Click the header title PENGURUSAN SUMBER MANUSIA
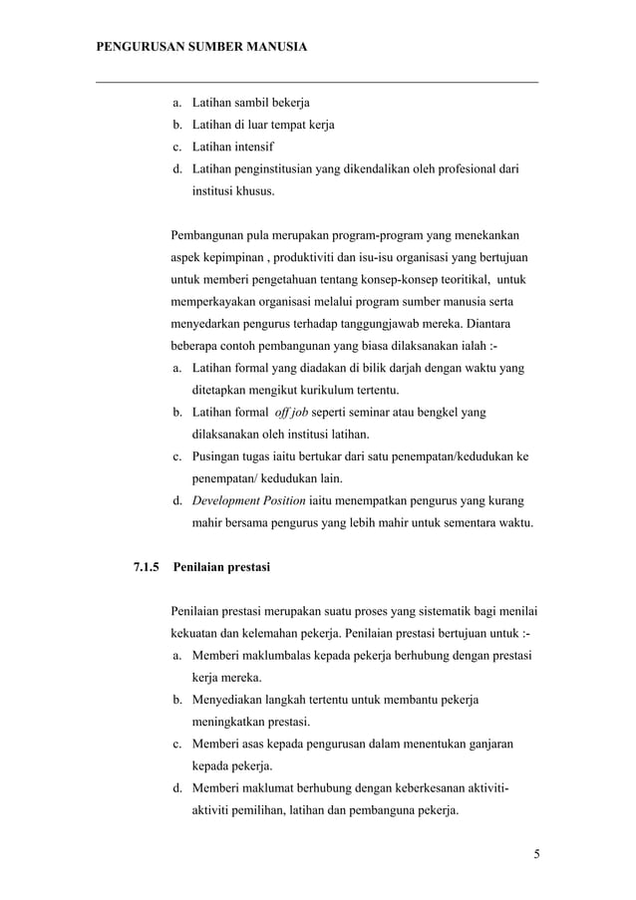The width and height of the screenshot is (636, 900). pos(200,47)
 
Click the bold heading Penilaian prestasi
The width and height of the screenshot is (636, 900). pos(220,568)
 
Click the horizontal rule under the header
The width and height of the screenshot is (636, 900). pos(317,82)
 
